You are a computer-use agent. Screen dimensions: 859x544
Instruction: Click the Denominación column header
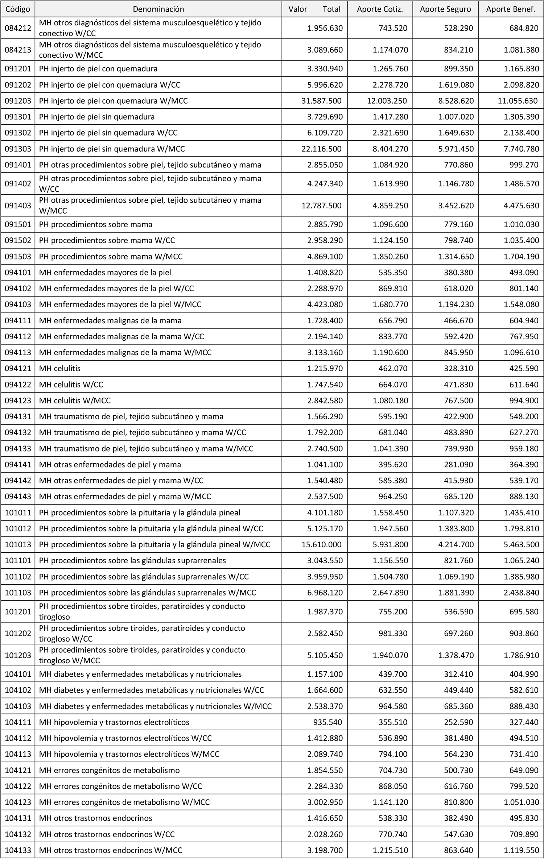158,9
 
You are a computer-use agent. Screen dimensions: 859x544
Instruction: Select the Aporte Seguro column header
445,9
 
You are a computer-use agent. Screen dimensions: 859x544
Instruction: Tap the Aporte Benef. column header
511,9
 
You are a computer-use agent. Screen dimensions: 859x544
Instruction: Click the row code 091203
18,101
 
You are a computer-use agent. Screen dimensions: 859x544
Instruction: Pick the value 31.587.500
321,101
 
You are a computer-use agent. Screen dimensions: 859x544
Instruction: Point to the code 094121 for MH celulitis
18,368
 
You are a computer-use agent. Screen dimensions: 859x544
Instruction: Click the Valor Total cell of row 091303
321,149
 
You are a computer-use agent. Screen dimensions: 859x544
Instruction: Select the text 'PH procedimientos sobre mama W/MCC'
111,256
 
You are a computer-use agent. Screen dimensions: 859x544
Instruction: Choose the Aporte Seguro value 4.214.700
456,544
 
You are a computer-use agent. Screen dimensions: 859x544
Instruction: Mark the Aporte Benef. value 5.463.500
522,544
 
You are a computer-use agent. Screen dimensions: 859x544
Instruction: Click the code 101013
18,544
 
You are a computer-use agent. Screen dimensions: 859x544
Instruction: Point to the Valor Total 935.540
327,831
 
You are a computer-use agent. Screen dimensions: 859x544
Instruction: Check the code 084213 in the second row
18,50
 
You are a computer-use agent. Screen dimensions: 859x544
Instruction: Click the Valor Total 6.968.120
325,593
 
